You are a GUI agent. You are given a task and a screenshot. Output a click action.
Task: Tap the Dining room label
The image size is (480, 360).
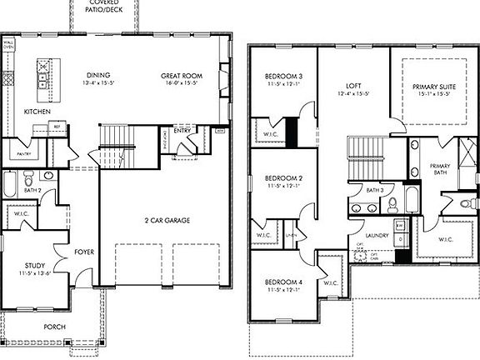pos(97,75)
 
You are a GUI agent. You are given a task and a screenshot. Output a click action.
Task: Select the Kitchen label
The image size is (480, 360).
pos(37,111)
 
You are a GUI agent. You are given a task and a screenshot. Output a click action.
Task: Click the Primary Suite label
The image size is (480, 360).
pos(432,86)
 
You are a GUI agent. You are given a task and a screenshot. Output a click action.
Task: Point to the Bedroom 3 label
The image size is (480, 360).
pos(282,77)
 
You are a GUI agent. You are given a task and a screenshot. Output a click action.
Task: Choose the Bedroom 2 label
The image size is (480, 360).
pos(282,178)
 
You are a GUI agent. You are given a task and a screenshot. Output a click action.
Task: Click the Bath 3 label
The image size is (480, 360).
pos(374,190)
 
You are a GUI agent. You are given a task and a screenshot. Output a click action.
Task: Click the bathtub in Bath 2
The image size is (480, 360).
pos(9,183)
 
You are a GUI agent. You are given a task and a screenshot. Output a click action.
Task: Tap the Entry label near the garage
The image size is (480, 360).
pos(183,130)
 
